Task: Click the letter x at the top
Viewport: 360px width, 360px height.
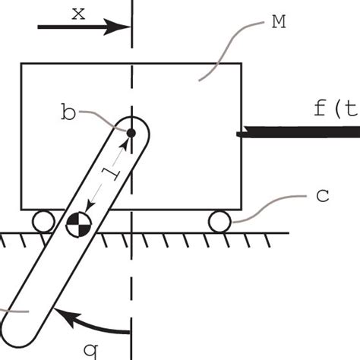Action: click(x=78, y=12)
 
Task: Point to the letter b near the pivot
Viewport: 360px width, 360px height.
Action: click(x=69, y=115)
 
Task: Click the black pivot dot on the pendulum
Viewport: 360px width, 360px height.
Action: click(x=131, y=133)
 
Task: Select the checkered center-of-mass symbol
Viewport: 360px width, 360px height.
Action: click(x=78, y=223)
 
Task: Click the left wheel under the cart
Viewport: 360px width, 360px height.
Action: click(x=43, y=222)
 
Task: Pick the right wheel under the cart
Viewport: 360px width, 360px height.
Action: click(x=220, y=222)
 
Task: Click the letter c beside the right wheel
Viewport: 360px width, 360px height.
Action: click(x=321, y=196)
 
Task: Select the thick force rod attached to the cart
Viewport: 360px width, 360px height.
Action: click(x=296, y=134)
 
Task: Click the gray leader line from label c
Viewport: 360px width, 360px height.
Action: click(x=270, y=207)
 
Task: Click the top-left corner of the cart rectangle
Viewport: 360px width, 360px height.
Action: click(x=21, y=65)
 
